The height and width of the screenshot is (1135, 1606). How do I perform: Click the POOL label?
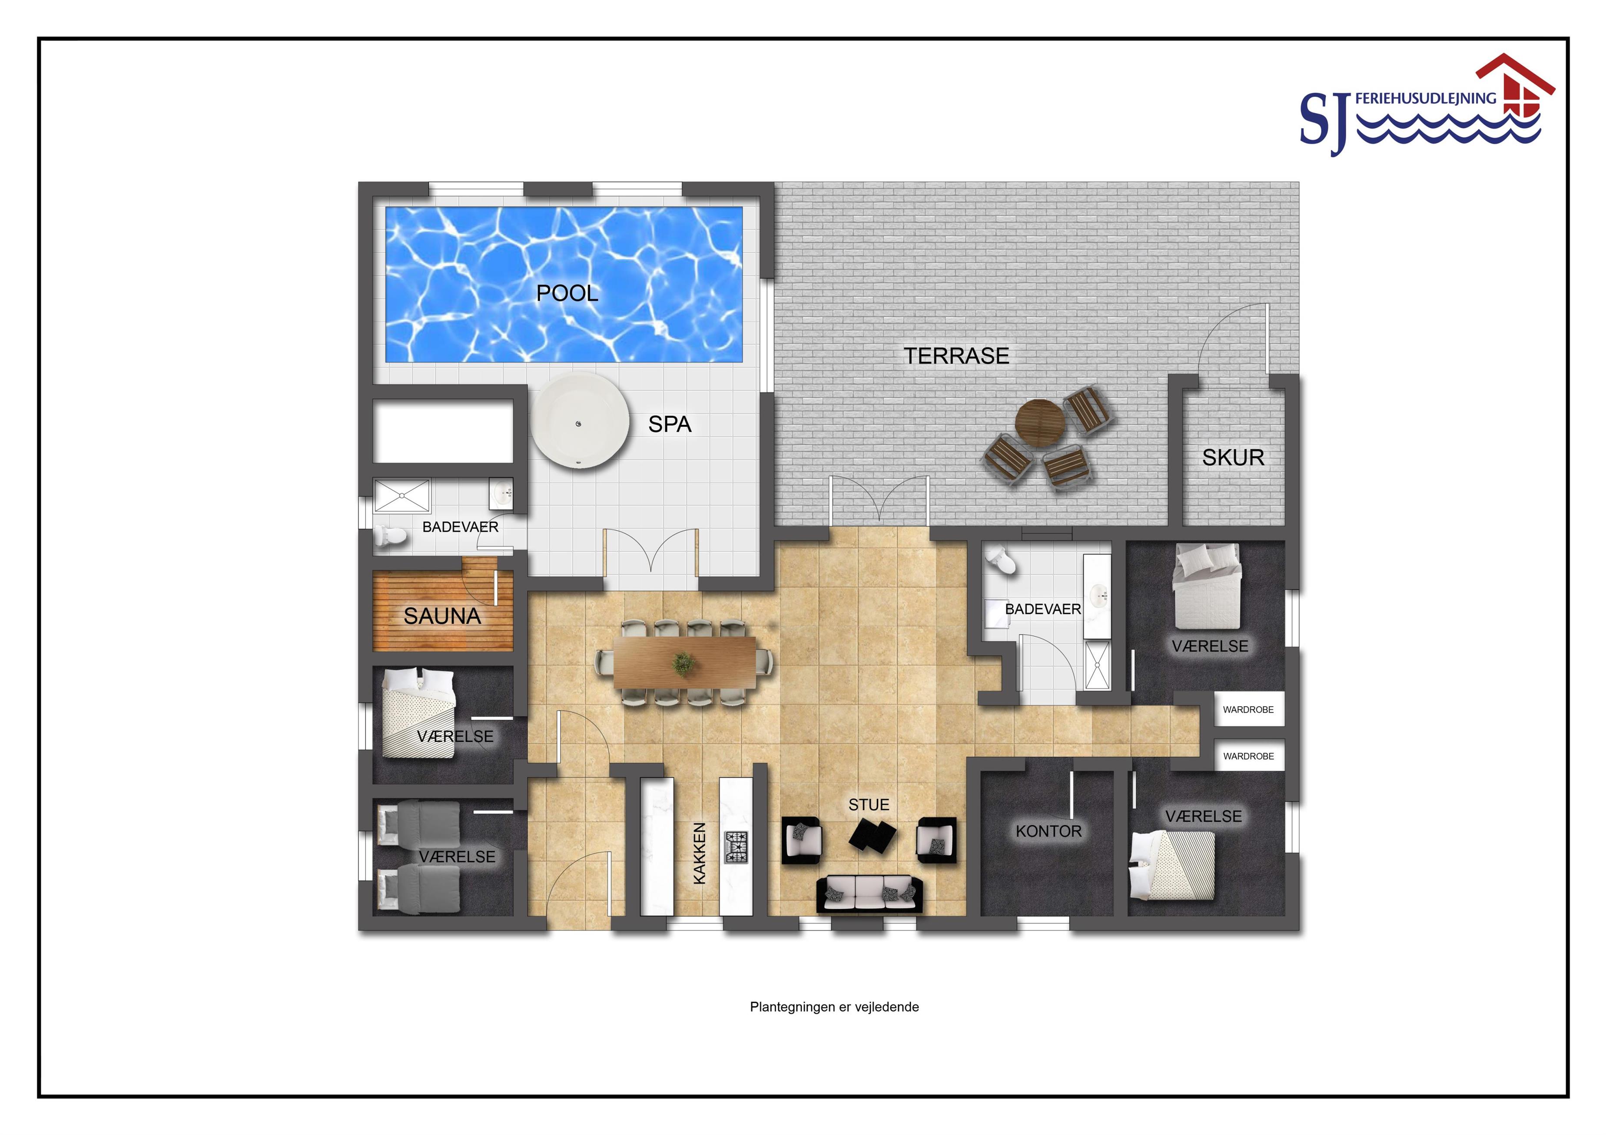tap(567, 293)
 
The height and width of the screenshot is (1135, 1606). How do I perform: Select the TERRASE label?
tap(956, 356)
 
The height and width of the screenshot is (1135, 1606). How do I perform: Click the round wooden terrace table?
tap(1040, 422)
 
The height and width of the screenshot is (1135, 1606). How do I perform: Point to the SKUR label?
tap(1233, 457)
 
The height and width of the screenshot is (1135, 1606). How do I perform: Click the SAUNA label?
tap(442, 616)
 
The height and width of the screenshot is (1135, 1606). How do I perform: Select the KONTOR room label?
tap(1049, 831)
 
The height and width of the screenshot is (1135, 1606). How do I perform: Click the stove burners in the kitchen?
tap(736, 847)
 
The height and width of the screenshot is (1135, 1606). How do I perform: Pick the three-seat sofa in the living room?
tap(869, 894)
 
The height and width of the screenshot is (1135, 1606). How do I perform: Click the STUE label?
tap(869, 805)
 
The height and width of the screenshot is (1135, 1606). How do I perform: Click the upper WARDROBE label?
tap(1248, 710)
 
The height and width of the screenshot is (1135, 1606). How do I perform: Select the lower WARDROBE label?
tap(1248, 756)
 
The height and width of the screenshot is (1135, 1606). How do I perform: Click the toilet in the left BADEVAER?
tap(390, 536)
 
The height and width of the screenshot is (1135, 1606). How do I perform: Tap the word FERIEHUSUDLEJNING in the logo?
tap(1426, 99)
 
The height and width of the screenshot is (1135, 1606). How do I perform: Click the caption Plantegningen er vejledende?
tap(834, 1007)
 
